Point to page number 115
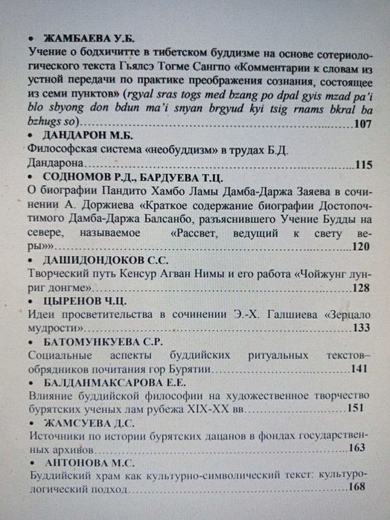click(x=363, y=164)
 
